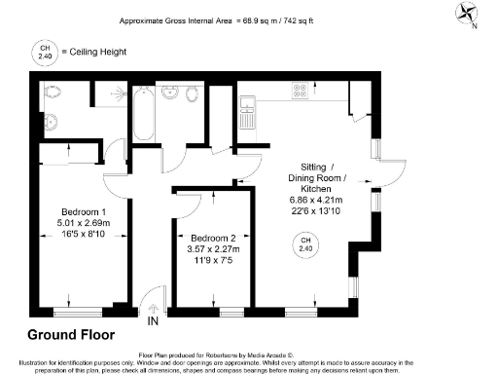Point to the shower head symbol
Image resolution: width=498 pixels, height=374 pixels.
(x=117, y=93)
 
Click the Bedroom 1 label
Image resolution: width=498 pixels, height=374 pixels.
(x=83, y=213)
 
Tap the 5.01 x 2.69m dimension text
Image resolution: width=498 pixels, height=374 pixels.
(x=83, y=224)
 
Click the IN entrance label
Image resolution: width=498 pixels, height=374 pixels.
(x=152, y=320)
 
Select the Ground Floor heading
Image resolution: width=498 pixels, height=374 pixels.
(x=71, y=335)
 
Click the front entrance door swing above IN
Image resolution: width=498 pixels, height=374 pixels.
(x=149, y=301)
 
